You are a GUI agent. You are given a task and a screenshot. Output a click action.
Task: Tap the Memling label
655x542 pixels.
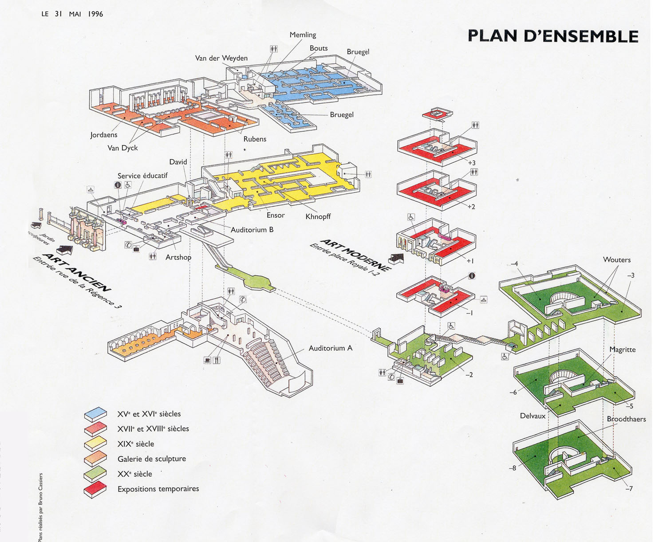(303, 35)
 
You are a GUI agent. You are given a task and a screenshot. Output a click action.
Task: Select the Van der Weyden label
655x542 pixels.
(221, 59)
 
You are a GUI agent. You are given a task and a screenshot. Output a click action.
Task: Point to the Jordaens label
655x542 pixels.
(104, 135)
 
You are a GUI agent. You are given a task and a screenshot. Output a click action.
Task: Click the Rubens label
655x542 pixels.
(255, 139)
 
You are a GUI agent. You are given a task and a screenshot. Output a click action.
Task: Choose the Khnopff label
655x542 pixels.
(318, 217)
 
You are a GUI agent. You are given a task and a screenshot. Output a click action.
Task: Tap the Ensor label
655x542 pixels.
(276, 215)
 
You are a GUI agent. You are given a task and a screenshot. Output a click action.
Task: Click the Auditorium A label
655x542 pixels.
(331, 349)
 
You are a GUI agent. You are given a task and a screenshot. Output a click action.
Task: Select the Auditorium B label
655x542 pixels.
(252, 230)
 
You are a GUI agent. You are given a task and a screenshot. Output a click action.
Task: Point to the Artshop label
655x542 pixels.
(178, 257)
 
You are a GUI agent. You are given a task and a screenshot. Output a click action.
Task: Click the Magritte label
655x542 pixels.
(622, 350)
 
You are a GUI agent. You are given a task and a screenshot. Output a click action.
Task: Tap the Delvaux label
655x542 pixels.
(533, 416)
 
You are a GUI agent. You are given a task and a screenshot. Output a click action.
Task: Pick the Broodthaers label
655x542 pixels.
(626, 419)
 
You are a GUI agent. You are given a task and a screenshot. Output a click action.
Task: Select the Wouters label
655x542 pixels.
(616, 260)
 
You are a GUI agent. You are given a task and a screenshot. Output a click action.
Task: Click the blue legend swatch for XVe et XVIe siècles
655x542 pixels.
(95, 414)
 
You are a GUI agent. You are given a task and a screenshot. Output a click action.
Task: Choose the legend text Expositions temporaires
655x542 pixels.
(158, 489)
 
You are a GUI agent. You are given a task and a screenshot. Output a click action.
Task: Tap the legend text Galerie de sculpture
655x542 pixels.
(152, 459)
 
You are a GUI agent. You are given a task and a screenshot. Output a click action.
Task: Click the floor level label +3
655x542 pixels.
(471, 163)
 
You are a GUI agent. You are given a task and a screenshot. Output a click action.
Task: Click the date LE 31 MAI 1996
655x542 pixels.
(72, 14)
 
